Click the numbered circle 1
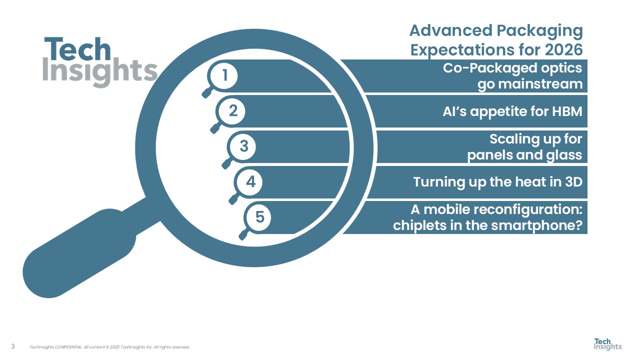tap(225, 75)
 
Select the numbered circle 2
tap(233, 111)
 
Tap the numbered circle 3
tap(243, 146)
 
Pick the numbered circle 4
tap(251, 182)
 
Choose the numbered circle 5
tap(259, 217)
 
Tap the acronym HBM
tap(565, 111)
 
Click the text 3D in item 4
tap(572, 181)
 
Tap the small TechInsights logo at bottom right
tap(607, 344)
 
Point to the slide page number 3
tap(13, 346)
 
